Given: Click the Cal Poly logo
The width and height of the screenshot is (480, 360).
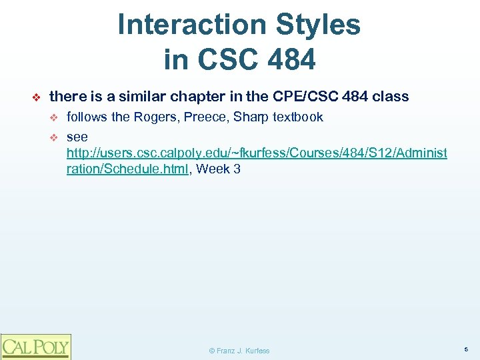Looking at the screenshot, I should (x=35, y=346).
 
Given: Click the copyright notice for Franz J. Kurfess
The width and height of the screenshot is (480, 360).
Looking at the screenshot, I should (x=239, y=350).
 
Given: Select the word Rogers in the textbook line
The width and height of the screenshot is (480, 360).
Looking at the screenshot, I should (x=157, y=117).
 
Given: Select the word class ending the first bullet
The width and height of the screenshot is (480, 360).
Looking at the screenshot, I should (x=391, y=97).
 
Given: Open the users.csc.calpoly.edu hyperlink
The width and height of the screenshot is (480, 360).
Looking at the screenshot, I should (x=257, y=153).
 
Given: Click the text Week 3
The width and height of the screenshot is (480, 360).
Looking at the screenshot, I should (x=219, y=169).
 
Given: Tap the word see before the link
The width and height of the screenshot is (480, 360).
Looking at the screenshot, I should (x=77, y=137).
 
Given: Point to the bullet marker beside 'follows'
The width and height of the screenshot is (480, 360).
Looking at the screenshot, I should (x=55, y=118).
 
